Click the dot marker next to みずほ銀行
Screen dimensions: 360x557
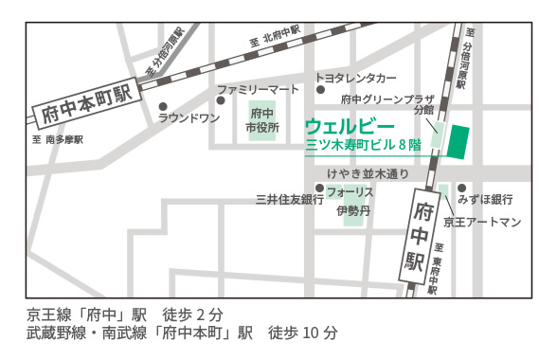coord(461,188)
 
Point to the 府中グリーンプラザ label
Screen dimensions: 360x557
coord(386,99)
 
